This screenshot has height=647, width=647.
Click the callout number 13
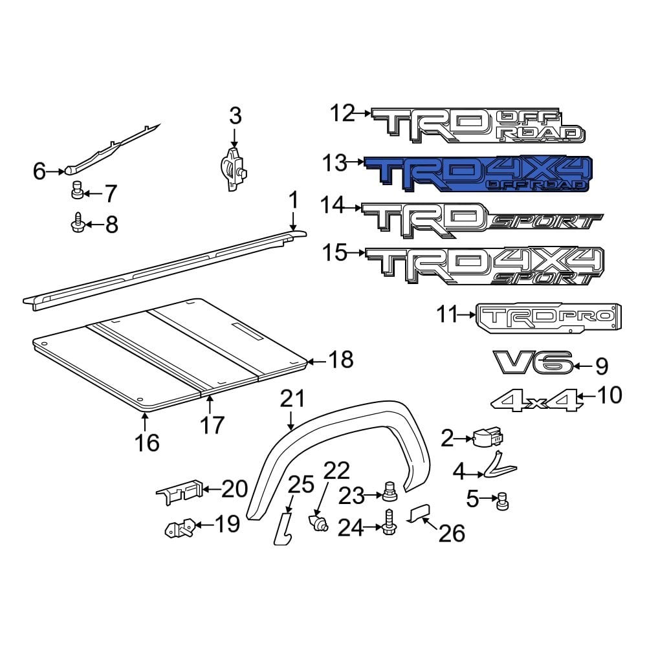336,163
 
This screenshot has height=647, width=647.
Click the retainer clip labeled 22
318,521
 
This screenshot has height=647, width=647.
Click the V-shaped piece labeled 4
498,465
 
